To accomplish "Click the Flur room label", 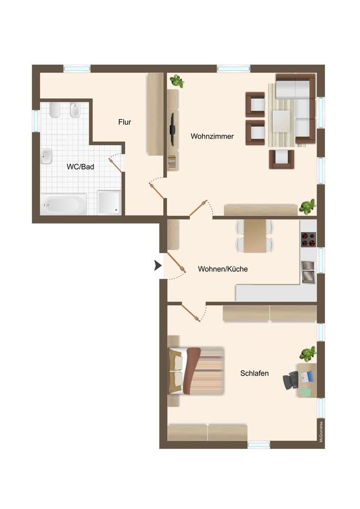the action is coord(125,122).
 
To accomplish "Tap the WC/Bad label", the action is coord(80,167).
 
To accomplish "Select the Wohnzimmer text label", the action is coord(212,136).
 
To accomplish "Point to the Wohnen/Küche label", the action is coord(223,269).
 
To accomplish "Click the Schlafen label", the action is coord(255,373).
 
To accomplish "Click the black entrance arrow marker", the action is coord(158,266).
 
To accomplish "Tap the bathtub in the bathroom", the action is coord(64,205).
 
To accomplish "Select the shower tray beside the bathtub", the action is coord(109,202).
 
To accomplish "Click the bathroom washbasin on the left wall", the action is coord(46,156).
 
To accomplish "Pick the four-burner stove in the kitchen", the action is coord(308,240).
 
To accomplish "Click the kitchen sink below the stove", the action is coord(308,272).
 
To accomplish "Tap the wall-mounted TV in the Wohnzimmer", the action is coord(173,129).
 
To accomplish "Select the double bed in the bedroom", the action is coord(196,371).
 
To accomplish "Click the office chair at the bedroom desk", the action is coord(291,380).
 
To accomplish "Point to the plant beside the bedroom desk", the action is coord(308,354).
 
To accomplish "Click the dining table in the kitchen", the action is coord(255,236).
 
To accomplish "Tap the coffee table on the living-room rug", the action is coord(281,121).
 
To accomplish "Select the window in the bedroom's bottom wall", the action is coord(259,445).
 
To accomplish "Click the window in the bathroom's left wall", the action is coord(36,121).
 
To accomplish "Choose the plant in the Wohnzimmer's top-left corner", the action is coord(177,81).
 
